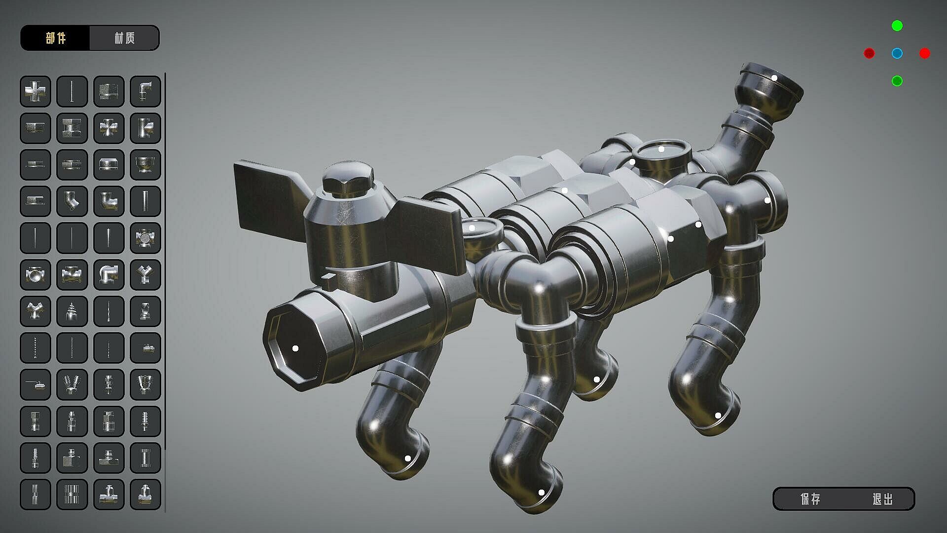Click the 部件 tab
(x=55, y=38)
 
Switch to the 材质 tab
(x=124, y=38)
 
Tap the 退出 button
(x=882, y=499)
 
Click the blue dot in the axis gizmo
(x=897, y=53)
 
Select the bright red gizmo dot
(x=925, y=53)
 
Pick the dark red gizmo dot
(x=870, y=53)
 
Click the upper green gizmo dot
(x=897, y=26)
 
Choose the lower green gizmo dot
(x=897, y=81)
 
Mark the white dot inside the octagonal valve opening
(x=295, y=348)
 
